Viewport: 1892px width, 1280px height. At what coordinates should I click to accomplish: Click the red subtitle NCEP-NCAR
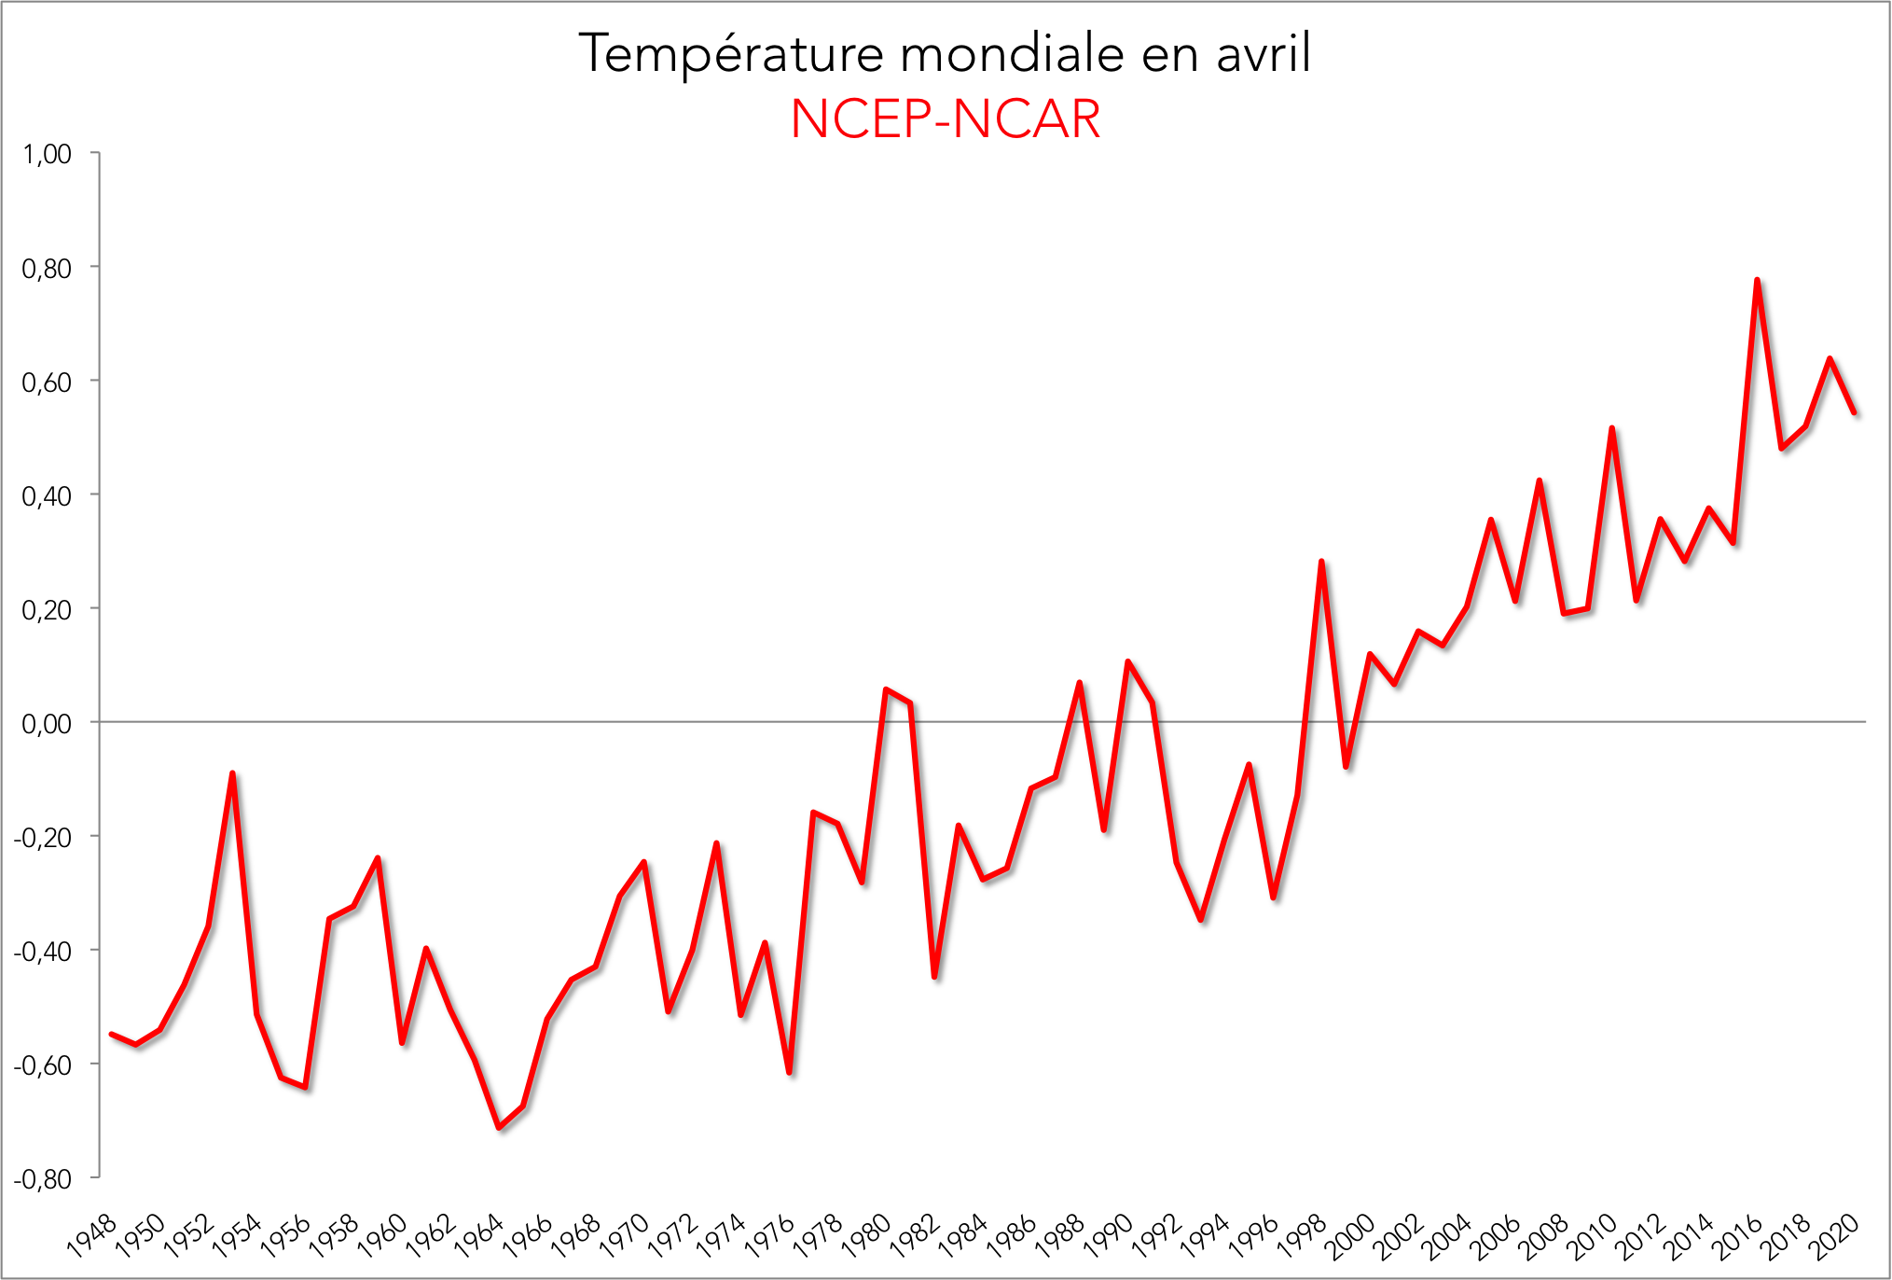[946, 119]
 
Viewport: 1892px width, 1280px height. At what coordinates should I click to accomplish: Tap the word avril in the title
[1264, 54]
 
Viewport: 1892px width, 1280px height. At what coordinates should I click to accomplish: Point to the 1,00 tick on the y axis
[47, 154]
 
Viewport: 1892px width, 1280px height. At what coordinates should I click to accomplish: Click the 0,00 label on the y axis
[47, 723]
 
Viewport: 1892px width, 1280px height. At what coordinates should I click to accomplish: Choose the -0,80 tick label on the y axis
[43, 1179]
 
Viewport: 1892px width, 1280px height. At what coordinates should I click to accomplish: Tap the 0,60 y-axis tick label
[47, 382]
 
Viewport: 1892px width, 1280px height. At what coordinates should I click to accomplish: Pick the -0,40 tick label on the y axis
[43, 952]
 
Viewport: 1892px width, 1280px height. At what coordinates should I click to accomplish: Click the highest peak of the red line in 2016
[1757, 280]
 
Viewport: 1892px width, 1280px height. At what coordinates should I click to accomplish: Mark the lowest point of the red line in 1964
[499, 1128]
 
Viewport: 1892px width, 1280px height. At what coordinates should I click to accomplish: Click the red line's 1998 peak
[1321, 562]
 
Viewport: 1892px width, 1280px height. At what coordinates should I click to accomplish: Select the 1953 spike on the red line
[232, 773]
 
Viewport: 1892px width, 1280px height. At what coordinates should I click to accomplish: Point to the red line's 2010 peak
[1612, 428]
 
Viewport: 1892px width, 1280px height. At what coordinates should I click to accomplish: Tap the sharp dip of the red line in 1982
[934, 977]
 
